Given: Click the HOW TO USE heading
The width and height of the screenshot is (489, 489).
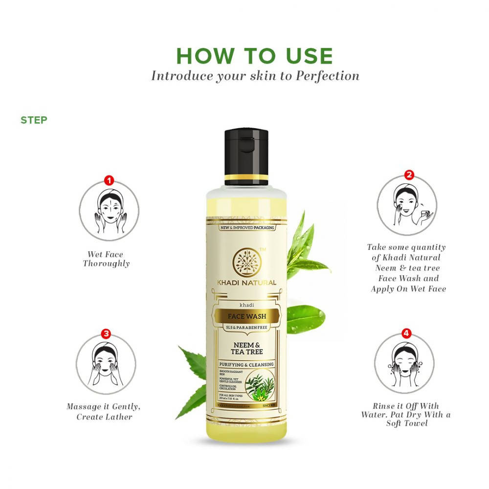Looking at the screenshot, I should click(254, 56).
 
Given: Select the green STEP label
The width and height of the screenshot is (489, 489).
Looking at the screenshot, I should click(34, 120).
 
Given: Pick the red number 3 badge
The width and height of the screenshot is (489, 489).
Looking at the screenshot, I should click(106, 334).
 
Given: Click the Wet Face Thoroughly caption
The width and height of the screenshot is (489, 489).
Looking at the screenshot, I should click(106, 259).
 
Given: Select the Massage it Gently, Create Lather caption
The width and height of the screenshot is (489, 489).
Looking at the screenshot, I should click(104, 412).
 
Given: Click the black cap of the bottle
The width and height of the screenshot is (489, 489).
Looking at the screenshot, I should click(246, 152).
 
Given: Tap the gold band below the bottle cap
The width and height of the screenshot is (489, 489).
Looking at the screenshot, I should click(246, 177).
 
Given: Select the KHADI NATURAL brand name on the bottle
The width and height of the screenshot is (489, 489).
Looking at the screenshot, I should click(247, 283).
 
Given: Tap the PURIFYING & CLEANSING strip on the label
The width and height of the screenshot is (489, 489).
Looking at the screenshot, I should click(246, 365).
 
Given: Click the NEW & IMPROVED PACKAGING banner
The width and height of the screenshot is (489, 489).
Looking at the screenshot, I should click(247, 228).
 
